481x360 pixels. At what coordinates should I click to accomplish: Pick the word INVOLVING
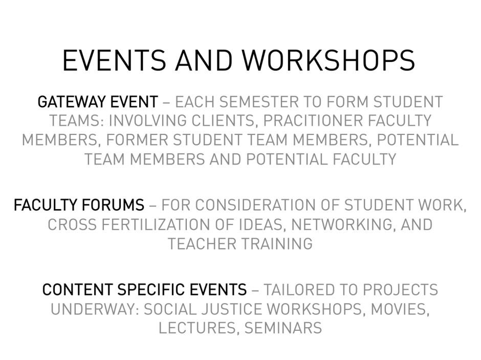click(x=147, y=121)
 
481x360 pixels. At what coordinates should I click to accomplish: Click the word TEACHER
click(x=202, y=244)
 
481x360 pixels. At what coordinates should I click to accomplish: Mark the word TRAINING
click(x=277, y=244)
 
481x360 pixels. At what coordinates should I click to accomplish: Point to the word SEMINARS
click(x=283, y=328)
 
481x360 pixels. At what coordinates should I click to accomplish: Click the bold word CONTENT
click(x=78, y=290)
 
